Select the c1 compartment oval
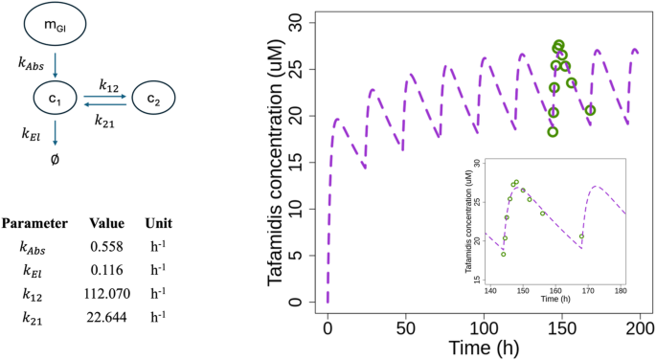click(x=56, y=98)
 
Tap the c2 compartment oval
click(x=153, y=98)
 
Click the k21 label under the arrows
click(x=106, y=120)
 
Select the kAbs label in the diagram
click(x=34, y=64)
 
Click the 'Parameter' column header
click(x=34, y=223)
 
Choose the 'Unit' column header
click(x=159, y=223)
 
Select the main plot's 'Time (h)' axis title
click(x=484, y=343)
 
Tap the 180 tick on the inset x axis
click(x=621, y=289)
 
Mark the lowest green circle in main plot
click(x=553, y=131)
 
